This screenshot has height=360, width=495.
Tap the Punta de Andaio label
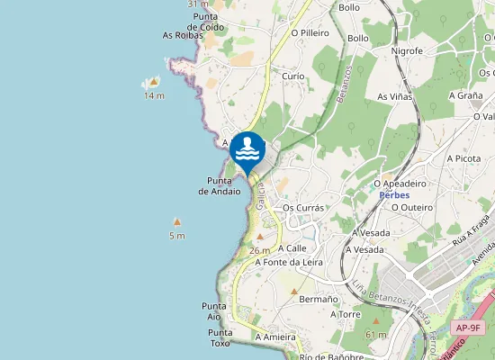(220, 185)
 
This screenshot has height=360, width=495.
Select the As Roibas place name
(182, 36)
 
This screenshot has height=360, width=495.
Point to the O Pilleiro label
(310, 33)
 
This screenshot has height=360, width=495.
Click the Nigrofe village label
(407, 51)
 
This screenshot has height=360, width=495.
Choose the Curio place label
(293, 76)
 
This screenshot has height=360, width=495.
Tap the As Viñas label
(394, 96)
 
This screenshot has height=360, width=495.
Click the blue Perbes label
(394, 195)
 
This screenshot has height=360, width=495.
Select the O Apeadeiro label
(400, 184)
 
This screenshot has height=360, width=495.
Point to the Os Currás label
(302, 207)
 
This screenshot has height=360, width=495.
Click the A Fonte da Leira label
(289, 263)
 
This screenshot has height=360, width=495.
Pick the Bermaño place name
(318, 299)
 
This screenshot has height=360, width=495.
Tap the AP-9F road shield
(468, 328)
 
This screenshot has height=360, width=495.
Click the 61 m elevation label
(375, 335)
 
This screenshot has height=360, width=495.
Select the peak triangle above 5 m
(177, 221)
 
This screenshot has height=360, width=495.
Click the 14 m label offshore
(154, 95)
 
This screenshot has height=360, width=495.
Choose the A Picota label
(464, 158)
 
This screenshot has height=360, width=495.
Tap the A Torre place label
(345, 315)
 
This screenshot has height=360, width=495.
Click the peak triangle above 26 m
(260, 237)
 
